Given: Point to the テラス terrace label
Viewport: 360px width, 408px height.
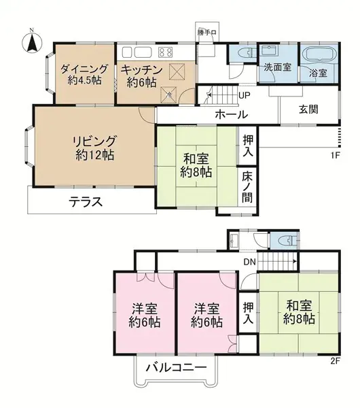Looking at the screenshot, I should (86, 201).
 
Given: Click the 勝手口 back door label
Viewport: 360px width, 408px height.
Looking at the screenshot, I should (206, 33).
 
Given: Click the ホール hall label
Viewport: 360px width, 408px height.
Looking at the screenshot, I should (231, 115).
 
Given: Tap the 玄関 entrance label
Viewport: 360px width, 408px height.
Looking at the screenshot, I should (309, 109).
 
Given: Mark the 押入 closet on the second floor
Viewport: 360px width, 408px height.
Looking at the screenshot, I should (249, 313).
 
